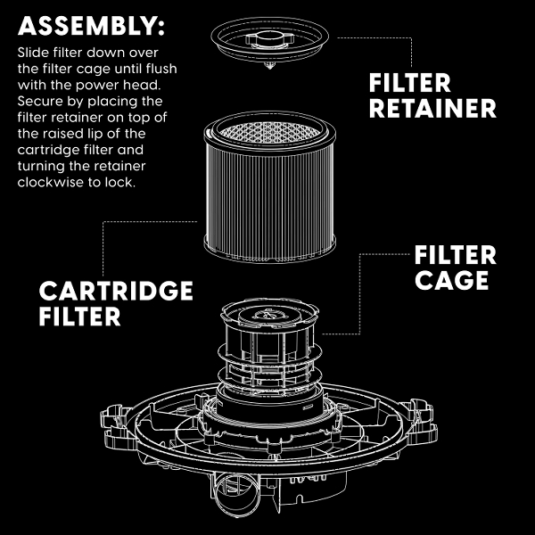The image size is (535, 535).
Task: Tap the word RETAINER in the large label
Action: tap(432, 109)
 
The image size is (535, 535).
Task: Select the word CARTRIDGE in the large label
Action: tap(115, 291)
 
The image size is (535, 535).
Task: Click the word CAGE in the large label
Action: tap(451, 280)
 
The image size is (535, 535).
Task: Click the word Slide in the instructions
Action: tap(32, 53)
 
